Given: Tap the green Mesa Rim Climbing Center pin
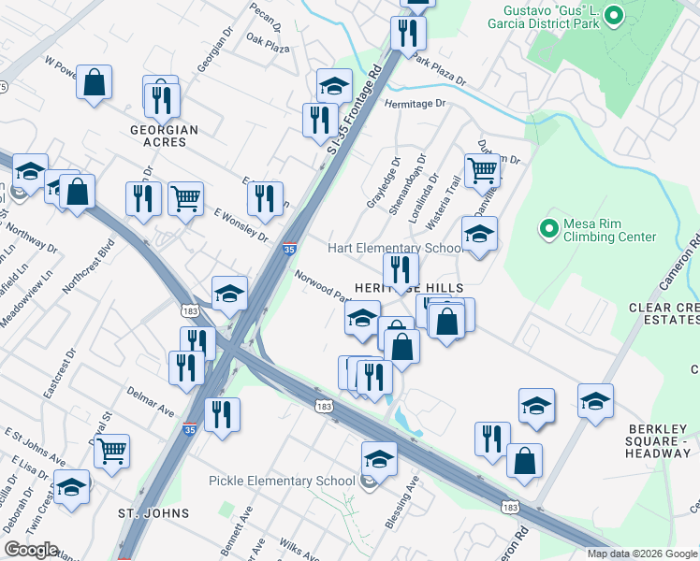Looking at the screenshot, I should [x=548, y=226].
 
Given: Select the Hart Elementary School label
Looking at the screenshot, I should [x=394, y=248].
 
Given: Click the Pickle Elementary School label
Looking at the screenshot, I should [x=281, y=481].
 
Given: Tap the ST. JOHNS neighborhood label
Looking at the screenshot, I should [x=153, y=513].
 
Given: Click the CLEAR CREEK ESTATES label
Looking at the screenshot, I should [x=664, y=313].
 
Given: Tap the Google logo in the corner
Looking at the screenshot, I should [x=32, y=550].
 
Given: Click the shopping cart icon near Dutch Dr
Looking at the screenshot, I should [x=482, y=170].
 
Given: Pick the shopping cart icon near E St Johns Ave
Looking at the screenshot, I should [x=112, y=451].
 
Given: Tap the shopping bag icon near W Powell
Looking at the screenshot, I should [x=95, y=82].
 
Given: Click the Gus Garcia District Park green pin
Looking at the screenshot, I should [x=614, y=15].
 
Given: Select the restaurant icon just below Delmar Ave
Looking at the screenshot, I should [x=222, y=414].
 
